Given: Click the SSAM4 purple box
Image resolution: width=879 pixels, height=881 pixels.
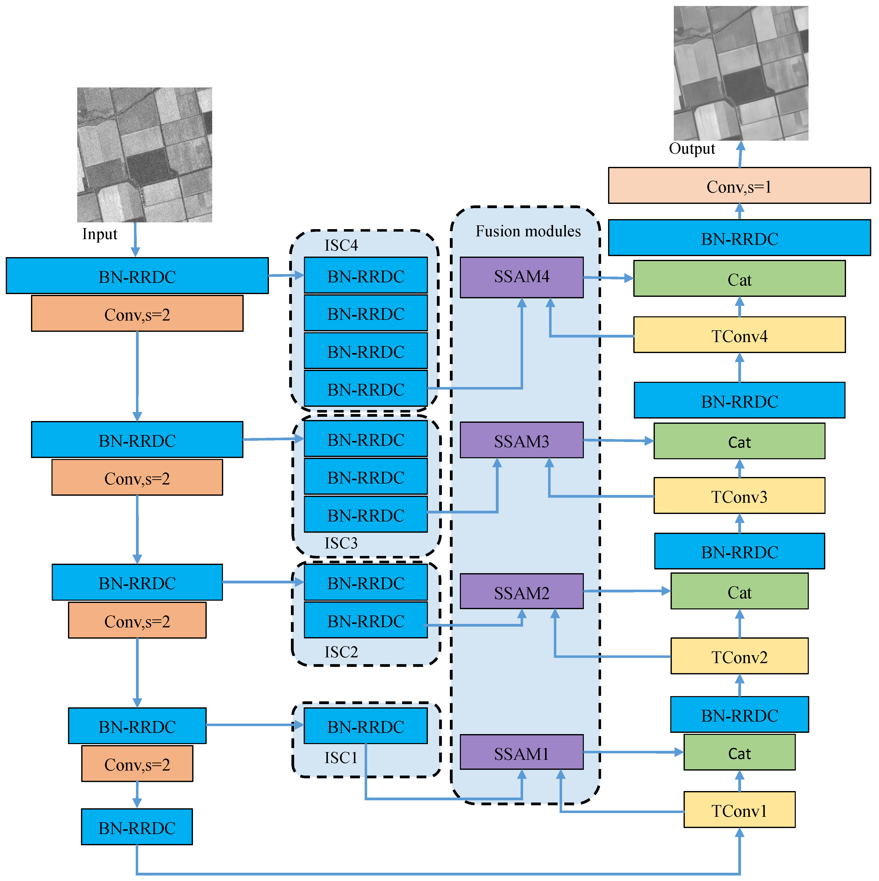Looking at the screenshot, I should click(521, 277).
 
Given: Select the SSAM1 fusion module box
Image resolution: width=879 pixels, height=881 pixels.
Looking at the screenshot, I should click(521, 754).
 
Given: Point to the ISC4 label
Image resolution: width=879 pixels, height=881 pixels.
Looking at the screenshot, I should click(341, 245).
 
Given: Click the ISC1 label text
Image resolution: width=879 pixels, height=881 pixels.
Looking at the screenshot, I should click(341, 757).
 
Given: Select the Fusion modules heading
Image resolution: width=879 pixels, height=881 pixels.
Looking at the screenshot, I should click(528, 231).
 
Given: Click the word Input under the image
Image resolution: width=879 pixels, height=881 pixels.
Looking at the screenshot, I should click(99, 234).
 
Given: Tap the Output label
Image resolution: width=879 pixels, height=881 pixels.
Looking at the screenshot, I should click(692, 149).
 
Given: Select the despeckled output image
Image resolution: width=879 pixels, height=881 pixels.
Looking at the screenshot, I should click(741, 73).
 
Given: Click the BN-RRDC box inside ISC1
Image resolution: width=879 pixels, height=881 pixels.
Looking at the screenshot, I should click(365, 726).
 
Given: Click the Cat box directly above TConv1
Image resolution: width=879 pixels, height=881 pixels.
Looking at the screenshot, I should click(739, 753).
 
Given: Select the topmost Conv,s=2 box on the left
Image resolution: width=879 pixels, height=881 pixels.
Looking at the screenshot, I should click(137, 314).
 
